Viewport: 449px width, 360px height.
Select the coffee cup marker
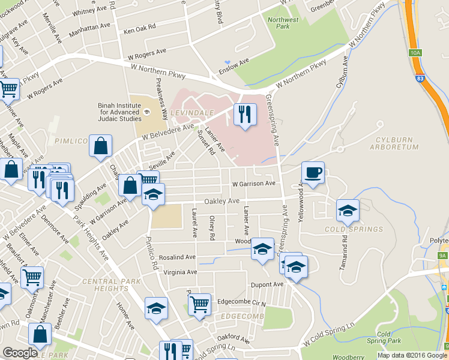point(313,173)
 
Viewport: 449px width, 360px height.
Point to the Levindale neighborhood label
point(191,113)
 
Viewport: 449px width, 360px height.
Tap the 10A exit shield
point(415,53)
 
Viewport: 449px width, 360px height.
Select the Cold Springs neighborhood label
point(354,229)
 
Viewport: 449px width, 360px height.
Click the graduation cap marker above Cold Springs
point(348,210)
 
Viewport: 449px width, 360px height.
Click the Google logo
point(20,353)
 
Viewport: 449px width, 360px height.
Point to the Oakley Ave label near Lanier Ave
point(221,201)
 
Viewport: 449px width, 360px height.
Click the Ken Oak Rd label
point(139,28)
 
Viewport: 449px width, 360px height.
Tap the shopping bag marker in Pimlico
point(101,146)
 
